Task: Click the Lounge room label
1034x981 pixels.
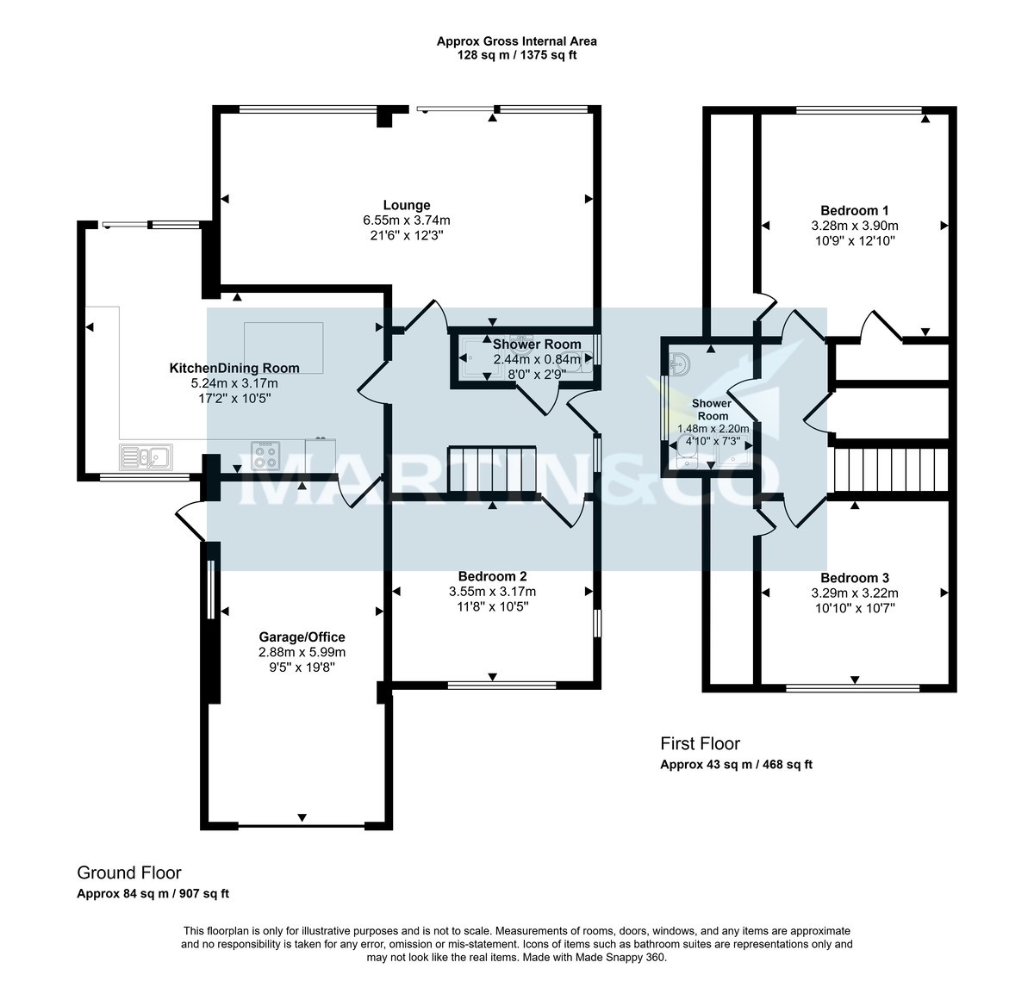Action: [x=407, y=205]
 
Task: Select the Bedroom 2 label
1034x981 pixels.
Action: [x=492, y=576]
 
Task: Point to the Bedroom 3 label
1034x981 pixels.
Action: [x=854, y=578]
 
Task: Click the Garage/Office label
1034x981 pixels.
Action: [x=302, y=637]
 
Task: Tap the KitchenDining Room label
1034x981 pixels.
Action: [x=234, y=368]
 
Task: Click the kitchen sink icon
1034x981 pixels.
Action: [x=146, y=456]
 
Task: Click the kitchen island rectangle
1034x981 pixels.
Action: [x=284, y=348]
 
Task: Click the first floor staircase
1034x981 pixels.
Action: [x=890, y=469]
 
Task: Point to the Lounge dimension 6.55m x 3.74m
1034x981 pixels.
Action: [x=407, y=220]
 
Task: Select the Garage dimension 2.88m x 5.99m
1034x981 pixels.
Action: [x=302, y=652]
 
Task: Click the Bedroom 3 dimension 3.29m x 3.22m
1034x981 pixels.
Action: [x=854, y=593]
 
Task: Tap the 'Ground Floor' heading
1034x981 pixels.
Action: [x=129, y=873]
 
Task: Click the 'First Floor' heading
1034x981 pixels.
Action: [x=700, y=743]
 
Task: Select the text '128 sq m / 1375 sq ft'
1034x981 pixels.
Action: [x=516, y=55]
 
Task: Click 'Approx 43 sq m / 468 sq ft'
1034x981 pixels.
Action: [x=736, y=765]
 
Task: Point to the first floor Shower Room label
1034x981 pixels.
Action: [x=712, y=409]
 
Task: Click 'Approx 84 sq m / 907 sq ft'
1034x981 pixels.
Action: [x=153, y=894]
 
